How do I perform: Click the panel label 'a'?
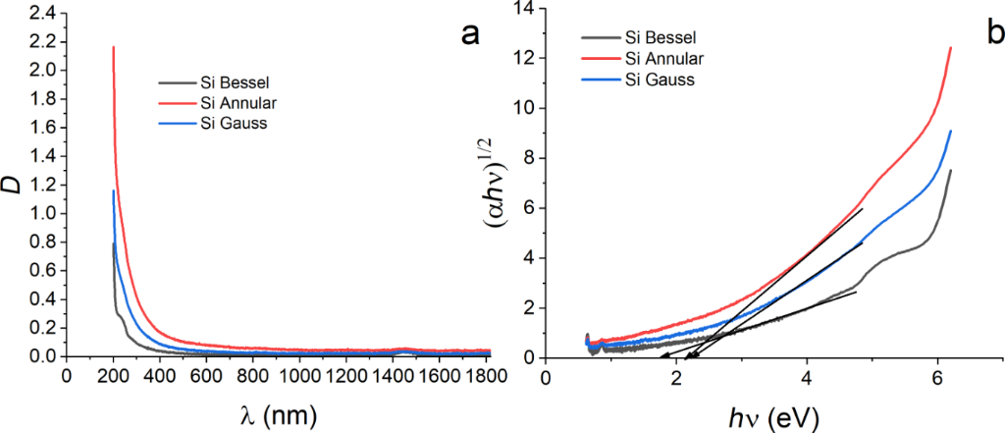pyautogui.click(x=470, y=35)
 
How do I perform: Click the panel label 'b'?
pyautogui.click(x=994, y=35)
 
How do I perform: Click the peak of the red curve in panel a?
pyautogui.click(x=114, y=47)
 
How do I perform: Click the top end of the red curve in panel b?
pyautogui.click(x=951, y=47)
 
